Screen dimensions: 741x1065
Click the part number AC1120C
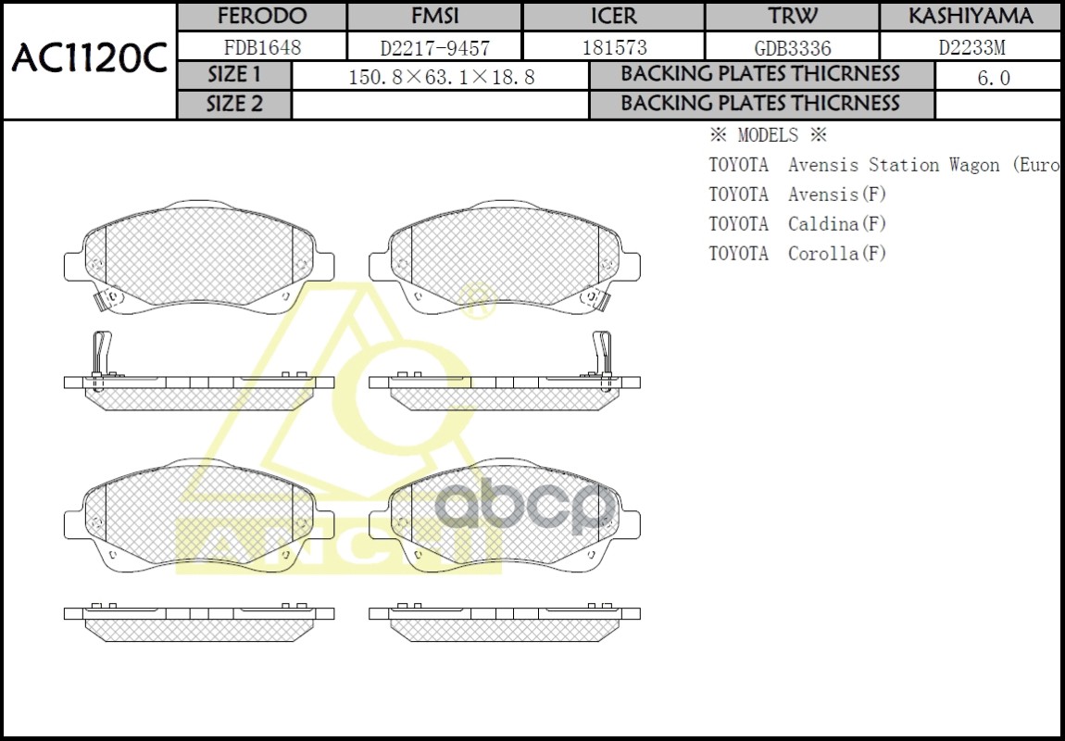pyautogui.click(x=89, y=59)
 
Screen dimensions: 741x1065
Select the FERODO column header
pyautogui.click(x=261, y=17)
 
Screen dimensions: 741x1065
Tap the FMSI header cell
pyautogui.click(x=434, y=17)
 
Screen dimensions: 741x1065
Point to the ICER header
pyautogui.click(x=613, y=17)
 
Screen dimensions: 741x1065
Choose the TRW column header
pyautogui.click(x=792, y=17)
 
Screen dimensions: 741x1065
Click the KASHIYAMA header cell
pyautogui.click(x=970, y=17)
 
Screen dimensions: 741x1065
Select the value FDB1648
pyautogui.click(x=262, y=46)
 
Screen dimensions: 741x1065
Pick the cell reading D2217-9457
pyautogui.click(x=434, y=47)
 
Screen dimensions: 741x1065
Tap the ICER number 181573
pyautogui.click(x=613, y=47)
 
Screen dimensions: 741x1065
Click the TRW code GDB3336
pyautogui.click(x=792, y=47)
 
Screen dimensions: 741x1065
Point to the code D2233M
pyautogui.click(x=970, y=47)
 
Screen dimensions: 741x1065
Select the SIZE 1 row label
pyautogui.click(x=234, y=75)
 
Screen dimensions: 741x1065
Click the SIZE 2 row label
pyautogui.click(x=234, y=105)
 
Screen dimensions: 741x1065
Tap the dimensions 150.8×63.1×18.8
pyautogui.click(x=441, y=77)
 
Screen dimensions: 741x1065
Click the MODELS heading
pyautogui.click(x=767, y=135)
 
